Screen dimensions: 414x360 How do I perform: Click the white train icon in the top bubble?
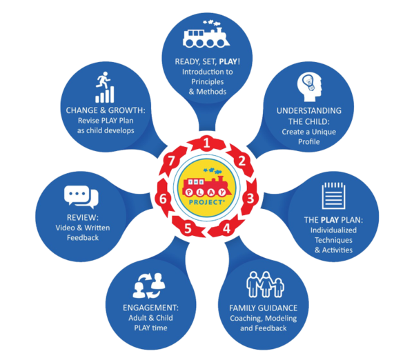coord(206,34)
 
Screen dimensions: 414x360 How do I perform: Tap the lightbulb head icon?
coord(309,87)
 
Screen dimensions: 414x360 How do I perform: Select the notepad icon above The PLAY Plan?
coord(333,195)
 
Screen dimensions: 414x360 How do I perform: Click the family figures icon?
coord(265,284)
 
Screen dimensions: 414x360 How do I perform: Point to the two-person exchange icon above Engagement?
coord(150,286)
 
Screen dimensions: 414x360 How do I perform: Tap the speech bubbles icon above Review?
coord(81,197)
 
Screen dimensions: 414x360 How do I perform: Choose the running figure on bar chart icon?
coord(105,87)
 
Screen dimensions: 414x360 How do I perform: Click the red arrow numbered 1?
coord(207,144)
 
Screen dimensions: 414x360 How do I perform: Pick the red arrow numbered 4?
coord(226,228)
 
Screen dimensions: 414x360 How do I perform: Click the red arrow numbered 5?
coord(188,228)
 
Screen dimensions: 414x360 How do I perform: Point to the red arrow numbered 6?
coord(164,199)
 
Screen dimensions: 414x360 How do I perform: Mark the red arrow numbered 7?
coord(172,161)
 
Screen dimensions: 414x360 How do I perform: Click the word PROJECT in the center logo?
coord(207,202)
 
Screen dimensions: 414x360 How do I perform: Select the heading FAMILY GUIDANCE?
coord(264,308)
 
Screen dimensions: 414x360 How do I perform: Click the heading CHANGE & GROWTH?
coord(106,110)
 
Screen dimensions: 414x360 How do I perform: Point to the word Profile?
coord(309,142)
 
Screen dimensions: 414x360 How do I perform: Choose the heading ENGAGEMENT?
coord(150,308)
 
